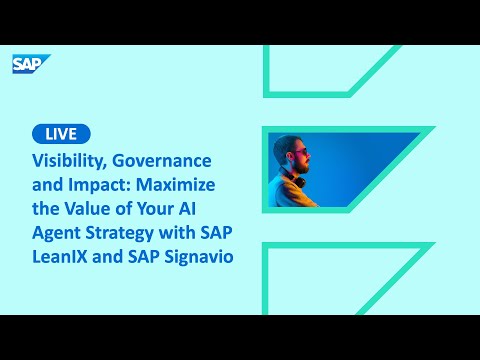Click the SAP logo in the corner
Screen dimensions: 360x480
pos(26,64)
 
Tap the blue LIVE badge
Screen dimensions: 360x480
pos(61,134)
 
